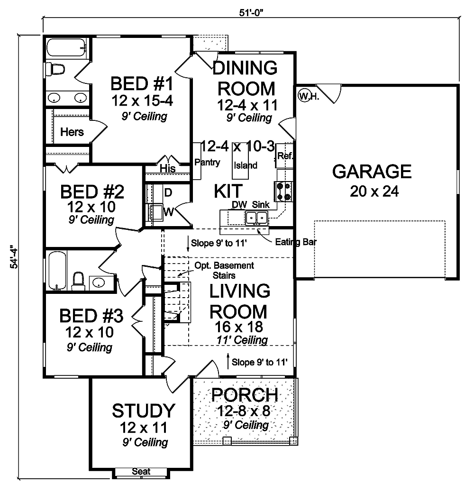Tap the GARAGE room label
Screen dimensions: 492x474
pos(372,171)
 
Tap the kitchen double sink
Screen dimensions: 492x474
pos(256,218)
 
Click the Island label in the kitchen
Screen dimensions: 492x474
pos(246,165)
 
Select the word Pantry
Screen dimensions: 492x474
pos(207,163)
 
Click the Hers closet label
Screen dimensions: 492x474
pos(72,132)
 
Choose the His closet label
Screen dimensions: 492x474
pos(167,168)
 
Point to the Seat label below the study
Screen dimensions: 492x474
pos(141,471)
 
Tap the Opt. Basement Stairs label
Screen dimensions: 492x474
pos(224,270)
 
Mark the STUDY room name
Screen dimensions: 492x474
pos(143,410)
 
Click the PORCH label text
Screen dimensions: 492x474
pos(244,394)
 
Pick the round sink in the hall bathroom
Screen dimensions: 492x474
pos(99,283)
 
